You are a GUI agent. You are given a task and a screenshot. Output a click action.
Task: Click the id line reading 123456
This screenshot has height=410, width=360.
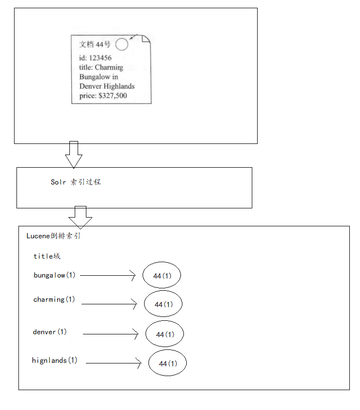96,58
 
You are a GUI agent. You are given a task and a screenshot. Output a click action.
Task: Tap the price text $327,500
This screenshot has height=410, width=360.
103,95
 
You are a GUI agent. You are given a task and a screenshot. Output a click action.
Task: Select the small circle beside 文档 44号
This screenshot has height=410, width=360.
122,45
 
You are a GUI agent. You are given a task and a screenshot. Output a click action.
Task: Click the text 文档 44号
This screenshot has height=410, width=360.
95,45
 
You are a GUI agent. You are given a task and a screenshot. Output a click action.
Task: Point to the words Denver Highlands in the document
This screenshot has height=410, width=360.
107,86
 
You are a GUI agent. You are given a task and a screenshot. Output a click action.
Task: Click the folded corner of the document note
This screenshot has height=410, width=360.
146,40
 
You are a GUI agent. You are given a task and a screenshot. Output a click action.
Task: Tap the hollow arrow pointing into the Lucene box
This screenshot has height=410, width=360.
80,217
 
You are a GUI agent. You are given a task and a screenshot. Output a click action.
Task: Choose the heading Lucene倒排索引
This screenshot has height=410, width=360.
53,236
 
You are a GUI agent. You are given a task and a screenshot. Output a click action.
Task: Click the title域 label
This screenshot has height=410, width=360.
47,256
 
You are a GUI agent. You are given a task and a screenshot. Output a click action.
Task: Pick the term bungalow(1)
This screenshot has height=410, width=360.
55,275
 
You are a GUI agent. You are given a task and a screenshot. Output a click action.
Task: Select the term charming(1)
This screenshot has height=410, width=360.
54,300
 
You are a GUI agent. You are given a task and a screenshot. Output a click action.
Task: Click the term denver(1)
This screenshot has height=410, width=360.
50,332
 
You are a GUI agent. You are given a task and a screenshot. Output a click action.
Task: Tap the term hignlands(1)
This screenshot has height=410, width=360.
55,361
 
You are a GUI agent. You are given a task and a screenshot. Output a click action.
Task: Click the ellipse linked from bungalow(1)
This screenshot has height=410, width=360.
162,276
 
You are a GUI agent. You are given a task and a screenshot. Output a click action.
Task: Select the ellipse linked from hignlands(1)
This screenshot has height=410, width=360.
167,363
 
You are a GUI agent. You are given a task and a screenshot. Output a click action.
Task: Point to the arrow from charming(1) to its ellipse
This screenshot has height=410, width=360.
109,304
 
